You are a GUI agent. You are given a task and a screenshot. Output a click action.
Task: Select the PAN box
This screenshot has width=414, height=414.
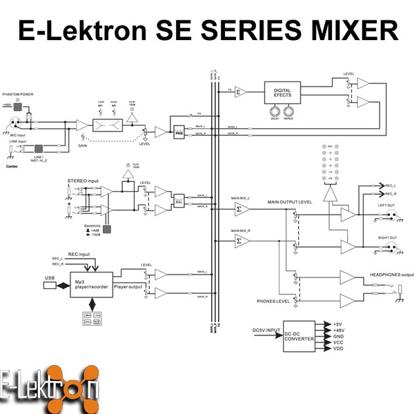(179, 132)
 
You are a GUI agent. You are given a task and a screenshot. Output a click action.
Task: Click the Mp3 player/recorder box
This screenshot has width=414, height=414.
(90, 282)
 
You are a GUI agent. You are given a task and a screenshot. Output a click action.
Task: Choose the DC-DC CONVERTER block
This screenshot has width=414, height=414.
(299, 336)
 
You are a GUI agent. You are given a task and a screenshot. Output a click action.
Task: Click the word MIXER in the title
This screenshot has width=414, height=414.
(351, 31)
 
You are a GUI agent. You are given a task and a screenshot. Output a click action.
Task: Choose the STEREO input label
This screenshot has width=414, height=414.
(83, 180)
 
